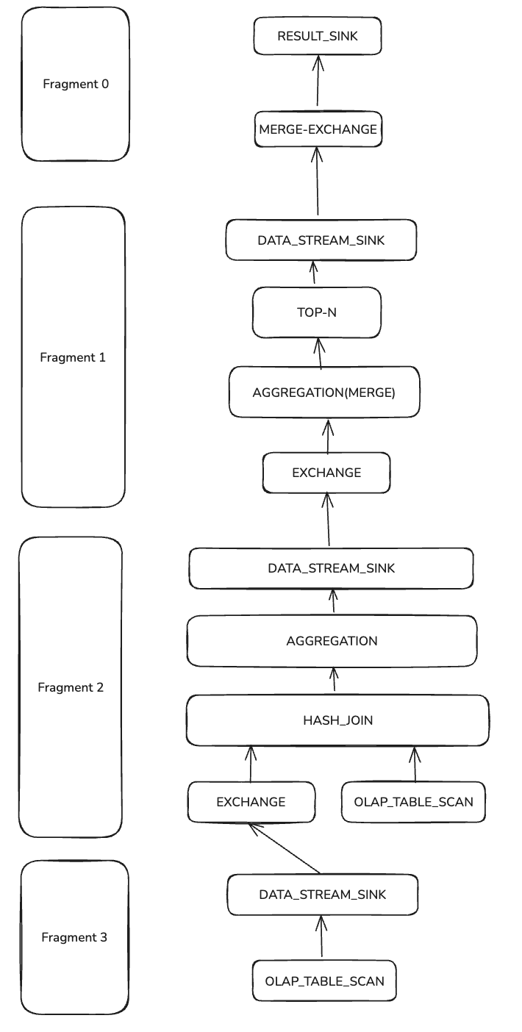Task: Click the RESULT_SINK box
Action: (x=318, y=36)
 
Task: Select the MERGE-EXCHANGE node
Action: (x=318, y=129)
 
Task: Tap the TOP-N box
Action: (x=317, y=312)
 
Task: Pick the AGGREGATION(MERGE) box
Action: (x=324, y=393)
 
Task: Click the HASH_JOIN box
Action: (x=337, y=720)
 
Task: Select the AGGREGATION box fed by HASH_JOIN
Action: (x=332, y=641)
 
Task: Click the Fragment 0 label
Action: (x=76, y=84)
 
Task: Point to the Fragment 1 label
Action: (x=73, y=357)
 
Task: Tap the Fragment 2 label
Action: (x=71, y=687)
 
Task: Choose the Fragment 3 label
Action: (x=74, y=937)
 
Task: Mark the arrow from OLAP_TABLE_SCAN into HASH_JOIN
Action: (x=415, y=764)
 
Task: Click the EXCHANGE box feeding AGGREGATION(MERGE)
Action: (x=326, y=473)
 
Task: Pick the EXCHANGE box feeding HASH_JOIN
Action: (x=251, y=802)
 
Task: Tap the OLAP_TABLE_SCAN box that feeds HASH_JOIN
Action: (x=413, y=802)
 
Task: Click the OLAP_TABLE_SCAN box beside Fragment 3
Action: (x=324, y=981)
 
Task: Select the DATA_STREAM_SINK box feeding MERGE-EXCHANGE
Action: (x=321, y=240)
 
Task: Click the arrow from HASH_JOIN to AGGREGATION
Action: (x=335, y=680)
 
